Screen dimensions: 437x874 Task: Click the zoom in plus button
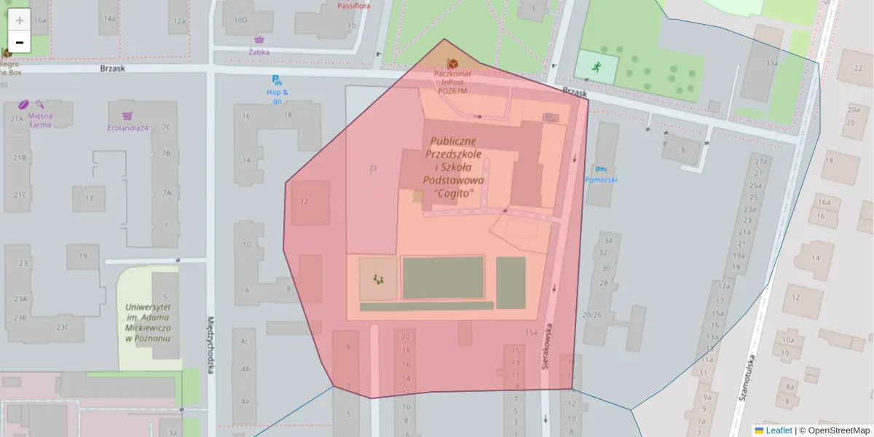(20, 20)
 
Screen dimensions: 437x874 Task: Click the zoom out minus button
(20, 42)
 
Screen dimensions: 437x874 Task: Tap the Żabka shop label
(259, 52)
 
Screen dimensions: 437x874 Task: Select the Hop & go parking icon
(276, 80)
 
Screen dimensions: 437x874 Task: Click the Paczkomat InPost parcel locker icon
(452, 63)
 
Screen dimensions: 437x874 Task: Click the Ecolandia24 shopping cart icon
(128, 116)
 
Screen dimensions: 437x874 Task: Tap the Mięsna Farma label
(40, 119)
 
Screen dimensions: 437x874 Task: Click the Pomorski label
(601, 179)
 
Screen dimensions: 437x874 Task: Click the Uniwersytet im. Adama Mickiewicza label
(147, 323)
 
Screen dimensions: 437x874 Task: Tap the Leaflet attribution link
(779, 430)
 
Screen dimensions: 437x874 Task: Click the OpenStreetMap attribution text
(838, 430)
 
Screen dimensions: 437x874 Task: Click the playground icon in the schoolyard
(379, 279)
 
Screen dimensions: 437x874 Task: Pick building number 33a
(771, 63)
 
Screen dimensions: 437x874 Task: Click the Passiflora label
(355, 6)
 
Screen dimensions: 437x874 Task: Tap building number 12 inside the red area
(304, 202)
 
